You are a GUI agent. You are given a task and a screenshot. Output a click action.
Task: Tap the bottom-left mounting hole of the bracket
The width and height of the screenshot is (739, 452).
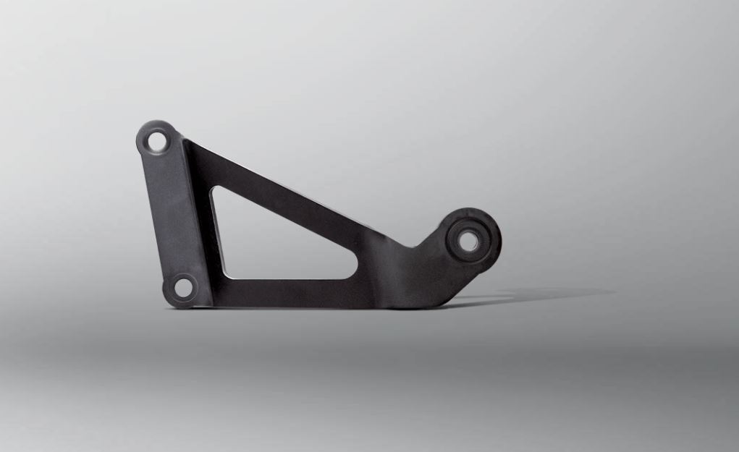tap(182, 288)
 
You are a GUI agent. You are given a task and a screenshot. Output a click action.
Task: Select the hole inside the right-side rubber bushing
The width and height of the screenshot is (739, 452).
tap(470, 240)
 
